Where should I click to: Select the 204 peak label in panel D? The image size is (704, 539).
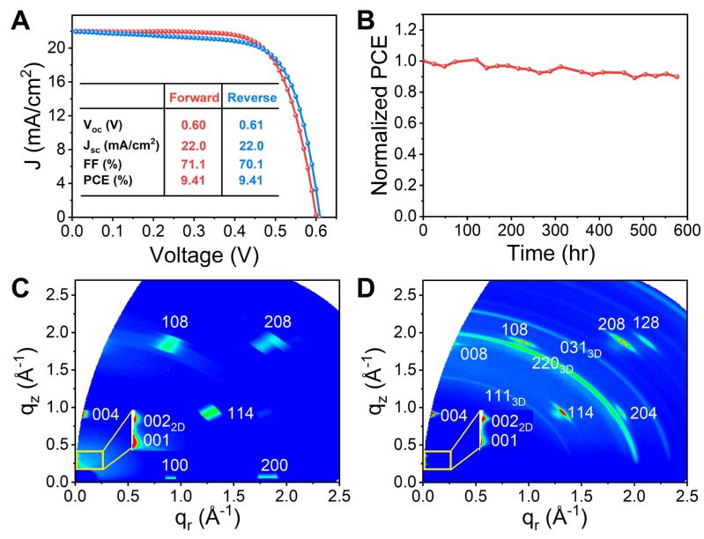pos(644,413)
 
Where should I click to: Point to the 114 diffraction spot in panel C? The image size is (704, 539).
pos(211,412)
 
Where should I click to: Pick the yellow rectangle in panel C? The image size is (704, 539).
pos(89,460)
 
